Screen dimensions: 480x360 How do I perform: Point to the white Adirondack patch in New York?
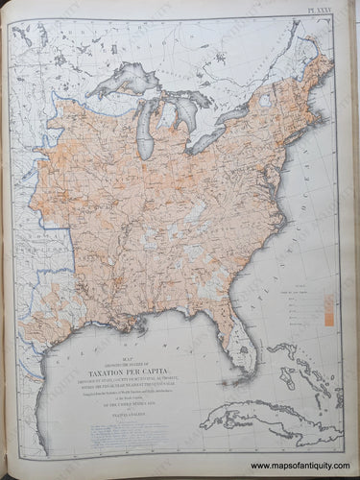pos(267,101)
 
